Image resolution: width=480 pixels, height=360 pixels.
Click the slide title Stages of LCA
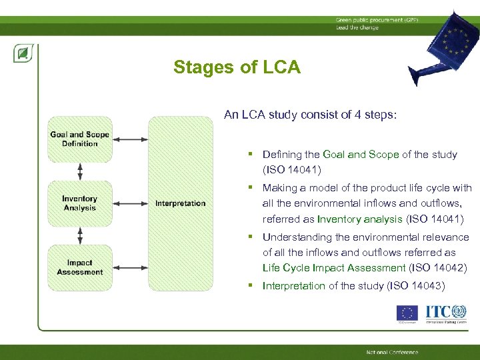(x=237, y=67)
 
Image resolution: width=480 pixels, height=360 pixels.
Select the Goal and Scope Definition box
(x=79, y=139)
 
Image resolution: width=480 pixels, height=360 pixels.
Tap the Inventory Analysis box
(x=79, y=203)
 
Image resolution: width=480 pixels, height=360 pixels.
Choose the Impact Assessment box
(x=79, y=267)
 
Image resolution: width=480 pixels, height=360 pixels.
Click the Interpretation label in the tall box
(x=180, y=203)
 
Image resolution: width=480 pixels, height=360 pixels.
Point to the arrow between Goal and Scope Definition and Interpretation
(x=130, y=139)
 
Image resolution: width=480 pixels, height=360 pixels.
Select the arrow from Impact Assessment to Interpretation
(x=130, y=267)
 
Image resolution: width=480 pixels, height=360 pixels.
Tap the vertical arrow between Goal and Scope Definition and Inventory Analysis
(x=80, y=171)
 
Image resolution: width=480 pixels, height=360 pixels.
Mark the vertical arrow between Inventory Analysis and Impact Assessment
(x=80, y=235)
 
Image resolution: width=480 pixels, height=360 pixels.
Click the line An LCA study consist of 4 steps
(x=310, y=115)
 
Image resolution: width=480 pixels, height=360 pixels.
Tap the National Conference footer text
(x=392, y=352)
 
